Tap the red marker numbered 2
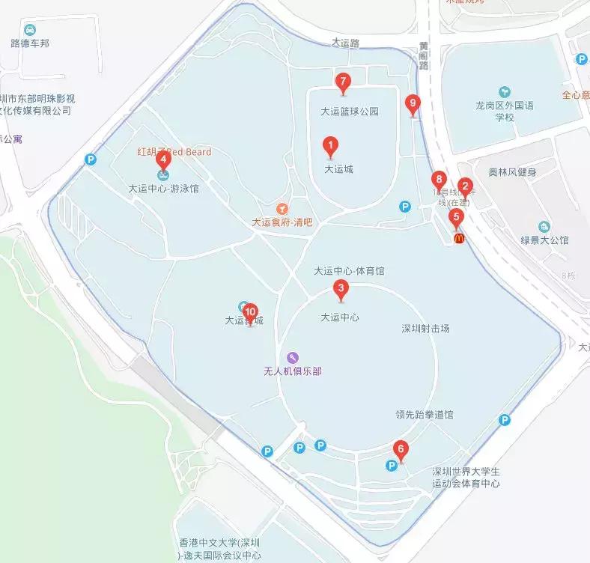click(x=465, y=187)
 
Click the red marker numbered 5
click(x=457, y=218)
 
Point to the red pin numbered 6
click(x=401, y=451)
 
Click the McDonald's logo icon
click(x=458, y=238)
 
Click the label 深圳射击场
click(x=425, y=328)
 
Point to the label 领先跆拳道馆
click(x=425, y=414)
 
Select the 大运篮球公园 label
click(x=350, y=112)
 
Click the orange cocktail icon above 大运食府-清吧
click(x=282, y=207)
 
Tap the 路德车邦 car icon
click(x=30, y=30)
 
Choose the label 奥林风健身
click(x=513, y=172)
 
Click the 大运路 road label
click(x=346, y=43)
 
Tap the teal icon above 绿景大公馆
click(x=544, y=226)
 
